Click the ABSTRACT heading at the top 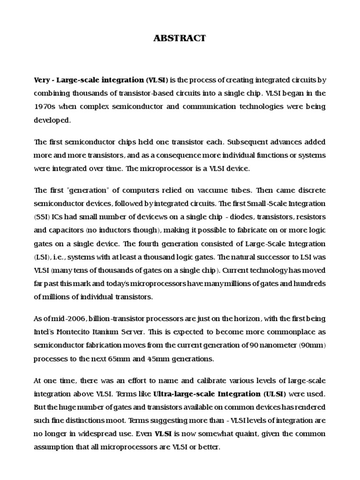coord(180,38)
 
